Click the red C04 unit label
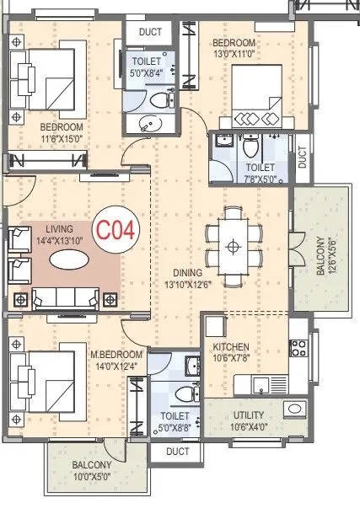click(115, 229)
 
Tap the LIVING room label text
click(60, 233)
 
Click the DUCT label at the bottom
click(178, 452)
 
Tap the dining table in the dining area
click(233, 245)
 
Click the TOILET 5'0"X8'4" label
click(149, 66)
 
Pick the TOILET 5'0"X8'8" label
click(175, 421)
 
